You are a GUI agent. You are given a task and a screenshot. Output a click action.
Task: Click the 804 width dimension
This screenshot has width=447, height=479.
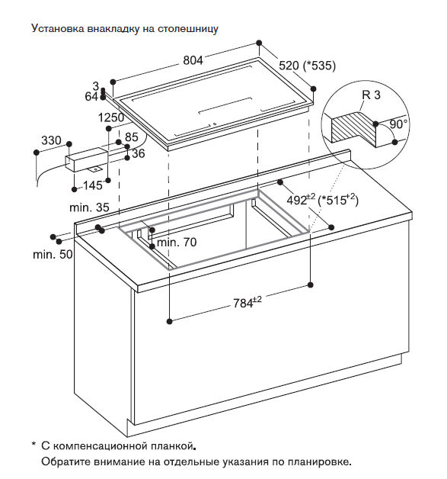click(193, 60)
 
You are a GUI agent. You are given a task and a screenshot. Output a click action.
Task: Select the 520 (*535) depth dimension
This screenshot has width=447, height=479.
click(307, 66)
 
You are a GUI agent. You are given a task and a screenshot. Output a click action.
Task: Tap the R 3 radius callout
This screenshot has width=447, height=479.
click(371, 95)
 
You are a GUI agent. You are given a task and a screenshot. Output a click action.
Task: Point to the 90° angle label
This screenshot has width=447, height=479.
click(398, 124)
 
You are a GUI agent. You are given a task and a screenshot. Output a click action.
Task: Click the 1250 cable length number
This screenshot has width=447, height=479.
click(111, 117)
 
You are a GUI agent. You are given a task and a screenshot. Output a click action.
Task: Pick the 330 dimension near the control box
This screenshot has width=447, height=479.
click(51, 140)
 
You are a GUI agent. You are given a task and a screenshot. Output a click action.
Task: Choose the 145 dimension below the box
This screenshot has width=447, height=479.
click(93, 185)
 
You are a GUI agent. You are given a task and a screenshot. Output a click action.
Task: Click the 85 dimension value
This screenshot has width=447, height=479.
click(132, 137)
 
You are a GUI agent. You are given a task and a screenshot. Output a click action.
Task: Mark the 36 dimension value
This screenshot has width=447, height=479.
click(138, 153)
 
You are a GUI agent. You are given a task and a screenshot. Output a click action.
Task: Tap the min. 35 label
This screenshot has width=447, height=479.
click(89, 207)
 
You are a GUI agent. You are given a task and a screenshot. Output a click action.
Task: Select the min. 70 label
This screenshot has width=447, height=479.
click(177, 243)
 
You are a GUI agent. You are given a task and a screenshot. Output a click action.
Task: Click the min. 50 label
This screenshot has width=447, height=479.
click(53, 254)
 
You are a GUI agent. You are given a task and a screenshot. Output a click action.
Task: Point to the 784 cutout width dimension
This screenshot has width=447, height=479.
click(247, 303)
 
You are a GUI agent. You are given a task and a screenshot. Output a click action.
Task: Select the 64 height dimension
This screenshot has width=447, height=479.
click(91, 97)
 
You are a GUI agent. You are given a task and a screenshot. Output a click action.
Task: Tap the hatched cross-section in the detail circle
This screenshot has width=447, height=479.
click(354, 127)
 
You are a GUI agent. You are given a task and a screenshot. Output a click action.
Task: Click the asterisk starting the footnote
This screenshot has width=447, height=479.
click(34, 444)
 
